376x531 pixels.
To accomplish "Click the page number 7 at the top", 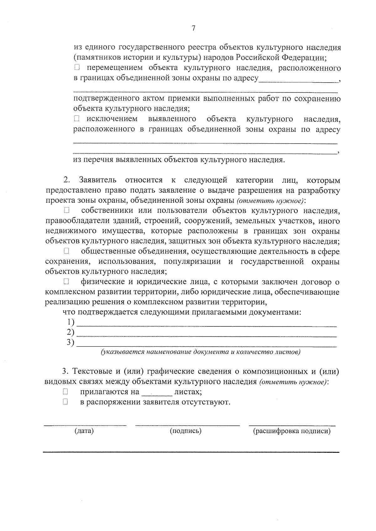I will (193, 28).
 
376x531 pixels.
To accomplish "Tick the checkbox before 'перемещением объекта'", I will (77, 67).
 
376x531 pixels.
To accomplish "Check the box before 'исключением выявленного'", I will (77, 119).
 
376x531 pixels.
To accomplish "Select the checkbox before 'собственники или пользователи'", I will (66, 210).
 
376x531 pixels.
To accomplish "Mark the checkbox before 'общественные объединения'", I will (66, 251).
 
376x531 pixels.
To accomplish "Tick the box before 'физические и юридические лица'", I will (66, 282).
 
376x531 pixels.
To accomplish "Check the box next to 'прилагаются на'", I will (65, 391).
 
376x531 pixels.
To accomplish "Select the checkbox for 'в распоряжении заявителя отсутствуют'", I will (65, 402).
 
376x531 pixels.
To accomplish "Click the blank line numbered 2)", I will (207, 334).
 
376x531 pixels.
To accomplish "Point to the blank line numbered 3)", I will (207, 344).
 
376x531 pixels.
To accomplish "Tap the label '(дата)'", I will (84, 431).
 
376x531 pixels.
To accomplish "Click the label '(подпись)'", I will (185, 431).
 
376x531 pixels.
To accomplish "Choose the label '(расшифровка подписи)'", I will (292, 431).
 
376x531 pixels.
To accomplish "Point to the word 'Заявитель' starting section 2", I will (98, 180).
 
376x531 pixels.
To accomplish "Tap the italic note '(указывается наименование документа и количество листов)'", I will (201, 352).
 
